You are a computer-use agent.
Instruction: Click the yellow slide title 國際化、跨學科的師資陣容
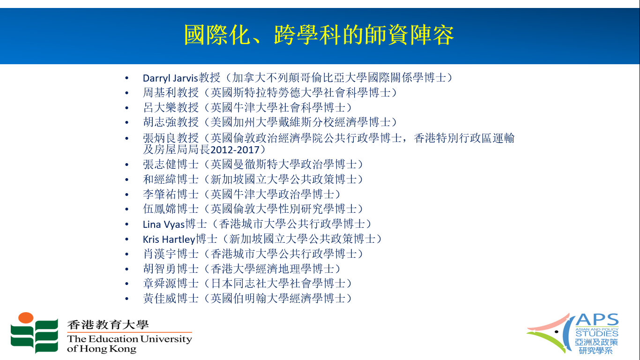(x=319, y=35)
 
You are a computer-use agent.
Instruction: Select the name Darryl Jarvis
(x=170, y=78)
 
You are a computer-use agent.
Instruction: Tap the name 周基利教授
(x=171, y=93)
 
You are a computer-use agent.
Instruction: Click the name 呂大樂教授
(x=171, y=107)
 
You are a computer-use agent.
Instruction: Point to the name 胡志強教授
(x=171, y=122)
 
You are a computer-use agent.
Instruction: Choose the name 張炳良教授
(x=171, y=138)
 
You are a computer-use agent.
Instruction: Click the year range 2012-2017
(x=235, y=150)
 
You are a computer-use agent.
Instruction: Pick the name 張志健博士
(x=171, y=165)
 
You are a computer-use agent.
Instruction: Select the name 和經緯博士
(x=171, y=179)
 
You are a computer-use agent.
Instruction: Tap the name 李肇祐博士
(x=171, y=194)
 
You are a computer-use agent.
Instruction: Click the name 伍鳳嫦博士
(x=171, y=209)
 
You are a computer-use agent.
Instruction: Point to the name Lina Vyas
(x=164, y=225)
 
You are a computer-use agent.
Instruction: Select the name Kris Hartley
(x=169, y=239)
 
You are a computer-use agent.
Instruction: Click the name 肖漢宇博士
(x=171, y=254)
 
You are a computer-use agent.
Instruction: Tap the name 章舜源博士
(x=171, y=284)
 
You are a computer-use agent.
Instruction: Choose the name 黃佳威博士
(x=171, y=298)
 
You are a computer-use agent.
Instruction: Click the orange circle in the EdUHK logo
(x=26, y=318)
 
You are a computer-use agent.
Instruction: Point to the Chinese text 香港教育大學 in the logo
(x=108, y=324)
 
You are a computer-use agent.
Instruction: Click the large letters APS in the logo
(x=597, y=320)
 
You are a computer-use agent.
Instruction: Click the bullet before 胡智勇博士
(x=127, y=269)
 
